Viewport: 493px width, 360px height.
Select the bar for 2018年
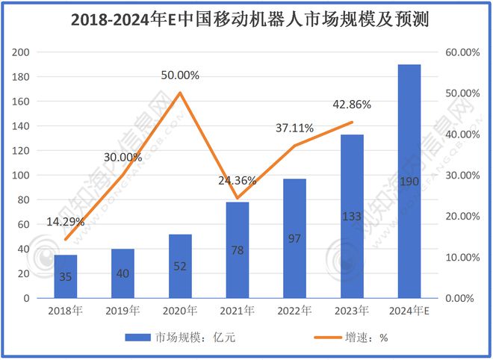pos(66,276)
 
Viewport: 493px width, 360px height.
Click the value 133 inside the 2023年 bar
pos(352,216)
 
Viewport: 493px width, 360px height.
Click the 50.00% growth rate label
pos(180,75)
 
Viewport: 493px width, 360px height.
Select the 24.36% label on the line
pos(237,180)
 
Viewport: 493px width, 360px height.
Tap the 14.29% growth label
pos(65,222)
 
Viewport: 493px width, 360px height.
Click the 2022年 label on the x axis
pos(295,310)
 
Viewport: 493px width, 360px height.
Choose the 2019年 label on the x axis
pos(123,310)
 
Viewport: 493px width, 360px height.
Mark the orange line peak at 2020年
pos(180,93)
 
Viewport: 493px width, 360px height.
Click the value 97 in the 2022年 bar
pos(294,238)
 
